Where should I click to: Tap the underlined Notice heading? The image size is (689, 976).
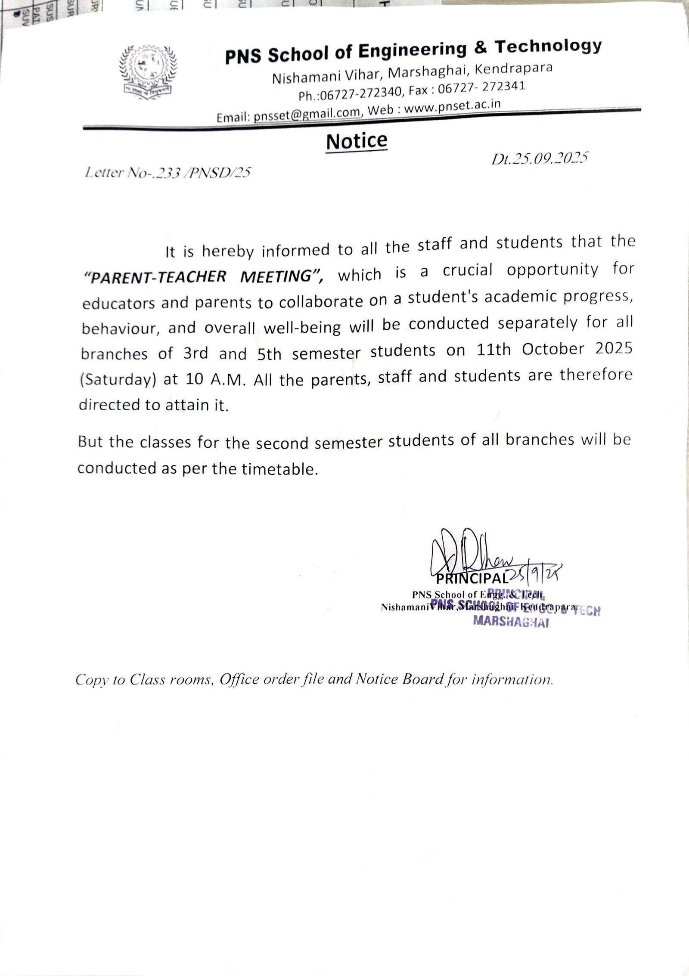click(357, 141)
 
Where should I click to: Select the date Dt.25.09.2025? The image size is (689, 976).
click(540, 159)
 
